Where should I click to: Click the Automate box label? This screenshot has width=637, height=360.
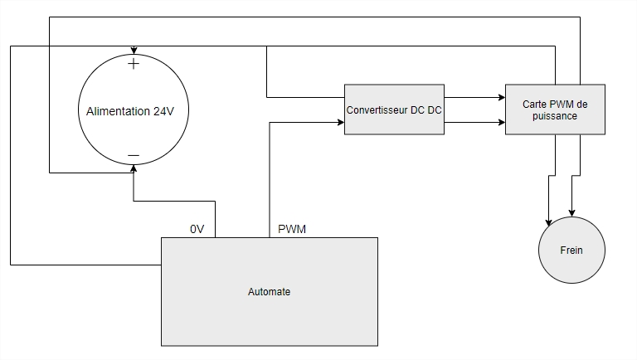270,292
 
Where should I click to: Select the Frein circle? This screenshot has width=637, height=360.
571,250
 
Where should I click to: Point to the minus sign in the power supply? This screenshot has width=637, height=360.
133,156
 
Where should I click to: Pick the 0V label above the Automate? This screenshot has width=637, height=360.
197,229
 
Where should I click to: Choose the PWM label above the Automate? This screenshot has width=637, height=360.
292,229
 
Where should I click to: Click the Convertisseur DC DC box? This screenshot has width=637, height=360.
394,109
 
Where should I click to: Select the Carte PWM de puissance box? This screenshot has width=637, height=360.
555,109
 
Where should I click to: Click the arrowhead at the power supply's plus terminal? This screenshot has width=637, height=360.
133,51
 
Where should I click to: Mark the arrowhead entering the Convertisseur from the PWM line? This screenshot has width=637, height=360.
339,123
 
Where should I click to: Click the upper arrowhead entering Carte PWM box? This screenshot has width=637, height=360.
500,97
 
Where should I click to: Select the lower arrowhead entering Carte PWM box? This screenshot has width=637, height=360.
500,123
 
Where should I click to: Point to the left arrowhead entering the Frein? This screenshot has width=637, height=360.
548,222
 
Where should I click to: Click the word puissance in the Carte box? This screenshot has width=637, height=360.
555,116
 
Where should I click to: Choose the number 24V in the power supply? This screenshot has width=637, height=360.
163,112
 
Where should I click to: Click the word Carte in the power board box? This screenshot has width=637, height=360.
536,104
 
